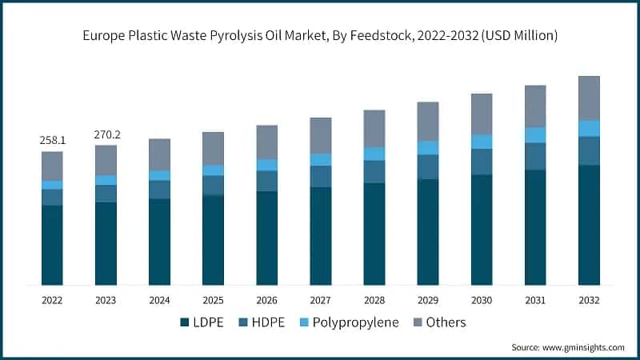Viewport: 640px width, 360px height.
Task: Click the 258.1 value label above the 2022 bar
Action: pyautogui.click(x=53, y=140)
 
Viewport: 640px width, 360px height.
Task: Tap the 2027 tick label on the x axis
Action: pyautogui.click(x=320, y=300)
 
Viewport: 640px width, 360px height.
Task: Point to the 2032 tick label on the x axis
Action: pyautogui.click(x=589, y=300)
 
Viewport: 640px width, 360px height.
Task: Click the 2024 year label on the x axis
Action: pyautogui.click(x=159, y=300)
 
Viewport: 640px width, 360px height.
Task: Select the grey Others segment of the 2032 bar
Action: pyautogui.click(x=589, y=98)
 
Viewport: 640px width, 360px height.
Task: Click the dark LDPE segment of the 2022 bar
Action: pyautogui.click(x=53, y=245)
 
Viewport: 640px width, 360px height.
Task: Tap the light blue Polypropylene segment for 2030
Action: pyautogui.click(x=482, y=142)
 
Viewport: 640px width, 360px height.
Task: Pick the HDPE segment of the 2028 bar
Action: pyautogui.click(x=374, y=171)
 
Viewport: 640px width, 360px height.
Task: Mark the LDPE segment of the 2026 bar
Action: pyautogui.click(x=266, y=238)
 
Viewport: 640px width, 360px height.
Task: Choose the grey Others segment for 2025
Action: pyautogui.click(x=213, y=148)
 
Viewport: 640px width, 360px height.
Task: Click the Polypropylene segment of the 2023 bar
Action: pyautogui.click(x=106, y=180)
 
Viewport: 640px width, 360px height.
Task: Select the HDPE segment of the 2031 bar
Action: pyautogui.click(x=535, y=156)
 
